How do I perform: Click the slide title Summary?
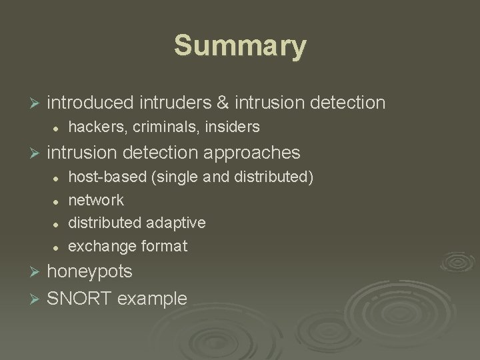point(240,47)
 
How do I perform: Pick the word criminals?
point(157,127)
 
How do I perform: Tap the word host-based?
point(103,177)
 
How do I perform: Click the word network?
point(96,200)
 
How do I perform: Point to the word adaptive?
point(177,223)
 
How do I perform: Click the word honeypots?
point(90,272)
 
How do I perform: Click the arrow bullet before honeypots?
point(37,272)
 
